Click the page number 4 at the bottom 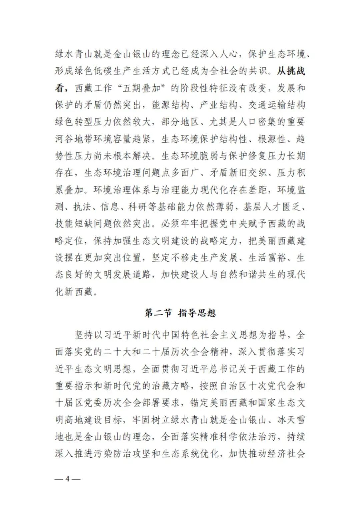[67, 479]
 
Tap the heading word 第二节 [158, 313]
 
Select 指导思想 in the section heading [197, 313]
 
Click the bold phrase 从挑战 [291, 71]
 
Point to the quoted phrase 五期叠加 [138, 88]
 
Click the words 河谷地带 [74, 139]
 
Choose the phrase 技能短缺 [74, 224]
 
